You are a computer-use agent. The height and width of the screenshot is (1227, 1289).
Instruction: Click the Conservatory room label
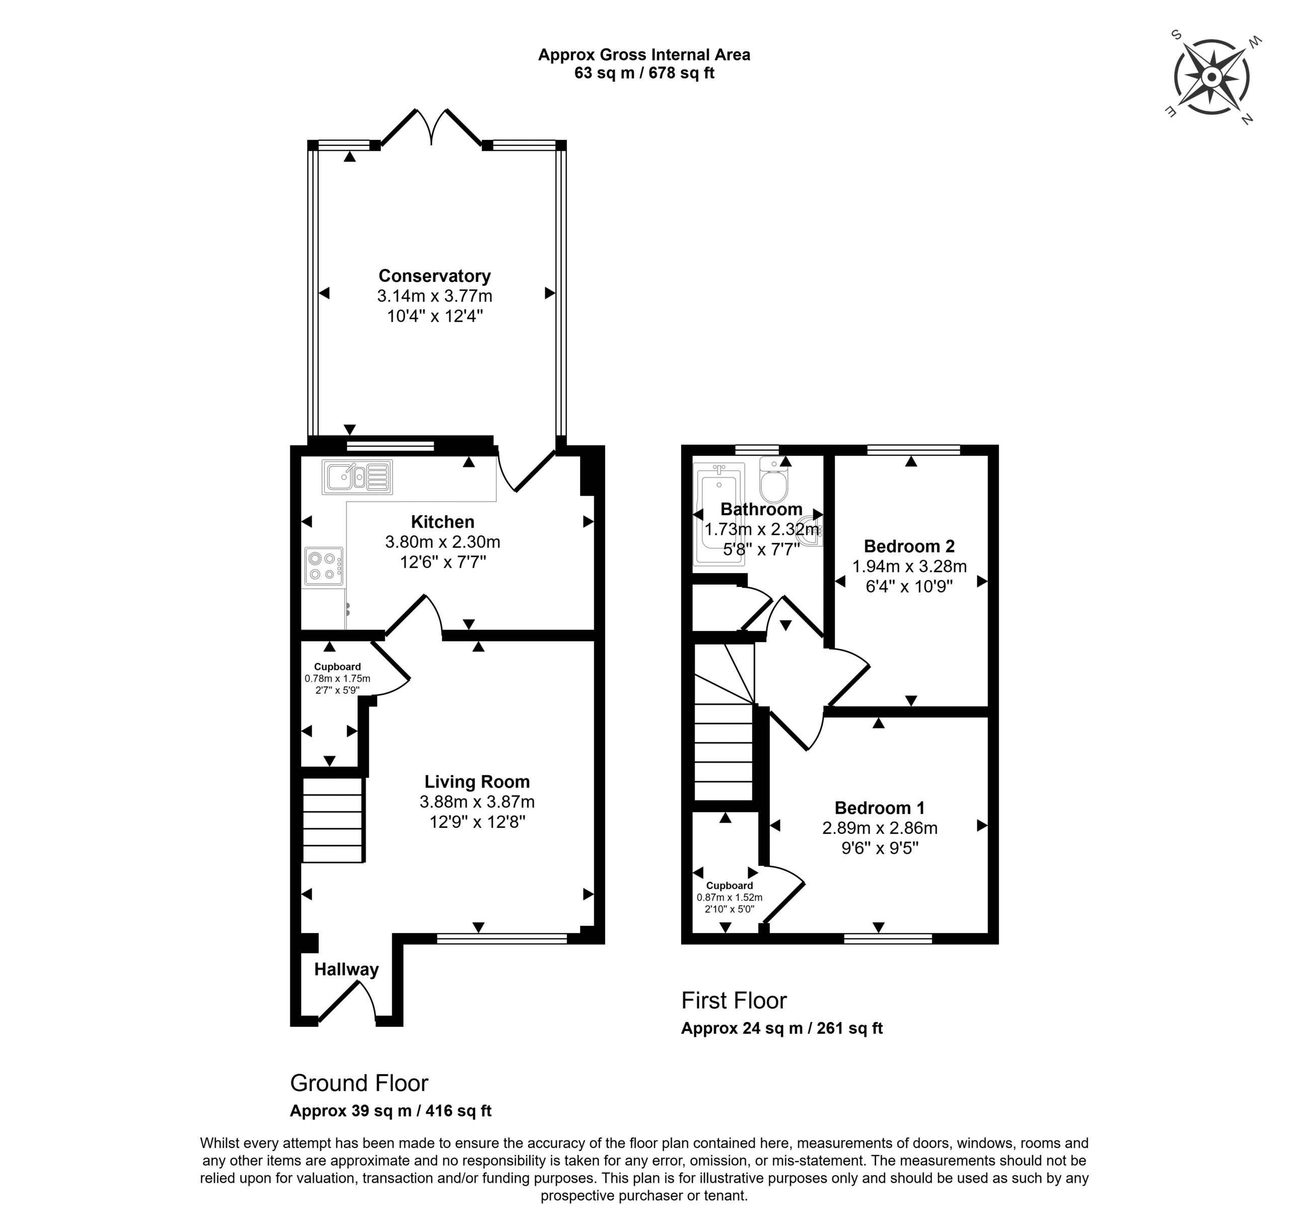coord(434,276)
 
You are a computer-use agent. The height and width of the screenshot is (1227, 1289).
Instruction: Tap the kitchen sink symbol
coord(357,477)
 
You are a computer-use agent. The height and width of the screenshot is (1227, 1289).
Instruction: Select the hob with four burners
coord(324,566)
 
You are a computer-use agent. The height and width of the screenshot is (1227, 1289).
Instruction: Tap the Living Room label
coord(477,781)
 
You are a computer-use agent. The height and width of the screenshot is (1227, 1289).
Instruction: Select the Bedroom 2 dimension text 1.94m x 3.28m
coord(909,566)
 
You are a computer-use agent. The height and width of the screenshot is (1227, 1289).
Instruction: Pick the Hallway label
coord(346,969)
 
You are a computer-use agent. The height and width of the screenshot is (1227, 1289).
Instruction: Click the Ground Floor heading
coord(359,1083)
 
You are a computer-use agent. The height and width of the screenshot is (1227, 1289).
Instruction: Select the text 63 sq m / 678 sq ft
coord(644,73)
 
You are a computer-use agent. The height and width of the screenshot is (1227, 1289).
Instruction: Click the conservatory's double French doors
coord(432,127)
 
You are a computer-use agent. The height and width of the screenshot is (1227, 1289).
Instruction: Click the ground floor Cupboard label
coord(337,667)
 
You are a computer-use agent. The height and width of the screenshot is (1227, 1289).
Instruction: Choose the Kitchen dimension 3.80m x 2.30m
coord(443,542)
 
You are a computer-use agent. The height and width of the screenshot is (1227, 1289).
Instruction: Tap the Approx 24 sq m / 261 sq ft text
coord(782,1028)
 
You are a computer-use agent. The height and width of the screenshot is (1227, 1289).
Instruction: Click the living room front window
coord(502,939)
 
